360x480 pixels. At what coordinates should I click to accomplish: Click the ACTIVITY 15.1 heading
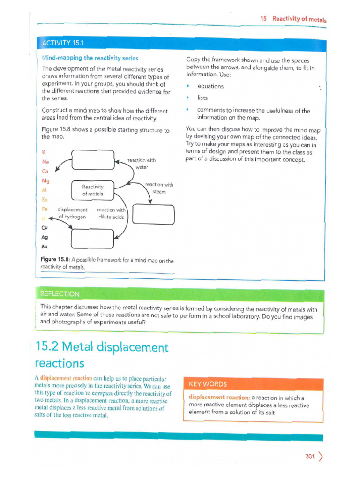(x=62, y=44)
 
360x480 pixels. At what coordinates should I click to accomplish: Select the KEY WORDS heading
(x=208, y=384)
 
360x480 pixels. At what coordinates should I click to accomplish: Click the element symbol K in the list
(x=44, y=152)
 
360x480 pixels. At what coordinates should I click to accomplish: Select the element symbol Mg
(x=45, y=180)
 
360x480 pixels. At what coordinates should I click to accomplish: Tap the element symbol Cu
(x=45, y=228)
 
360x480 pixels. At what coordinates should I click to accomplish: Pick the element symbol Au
(x=45, y=246)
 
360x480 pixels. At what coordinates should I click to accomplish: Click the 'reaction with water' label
(x=142, y=164)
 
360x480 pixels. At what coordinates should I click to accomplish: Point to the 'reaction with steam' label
(x=159, y=188)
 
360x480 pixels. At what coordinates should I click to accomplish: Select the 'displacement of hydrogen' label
(x=72, y=213)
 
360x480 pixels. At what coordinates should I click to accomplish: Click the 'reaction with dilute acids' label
(x=111, y=213)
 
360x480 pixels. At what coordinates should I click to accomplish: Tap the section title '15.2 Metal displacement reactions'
(x=101, y=355)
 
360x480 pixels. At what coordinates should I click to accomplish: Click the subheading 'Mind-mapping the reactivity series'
(x=90, y=58)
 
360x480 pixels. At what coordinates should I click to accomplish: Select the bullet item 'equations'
(x=210, y=86)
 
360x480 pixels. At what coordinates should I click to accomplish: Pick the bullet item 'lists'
(x=202, y=98)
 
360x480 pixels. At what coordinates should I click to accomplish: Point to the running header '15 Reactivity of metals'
(x=293, y=19)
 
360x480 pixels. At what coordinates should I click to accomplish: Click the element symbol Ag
(x=45, y=237)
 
